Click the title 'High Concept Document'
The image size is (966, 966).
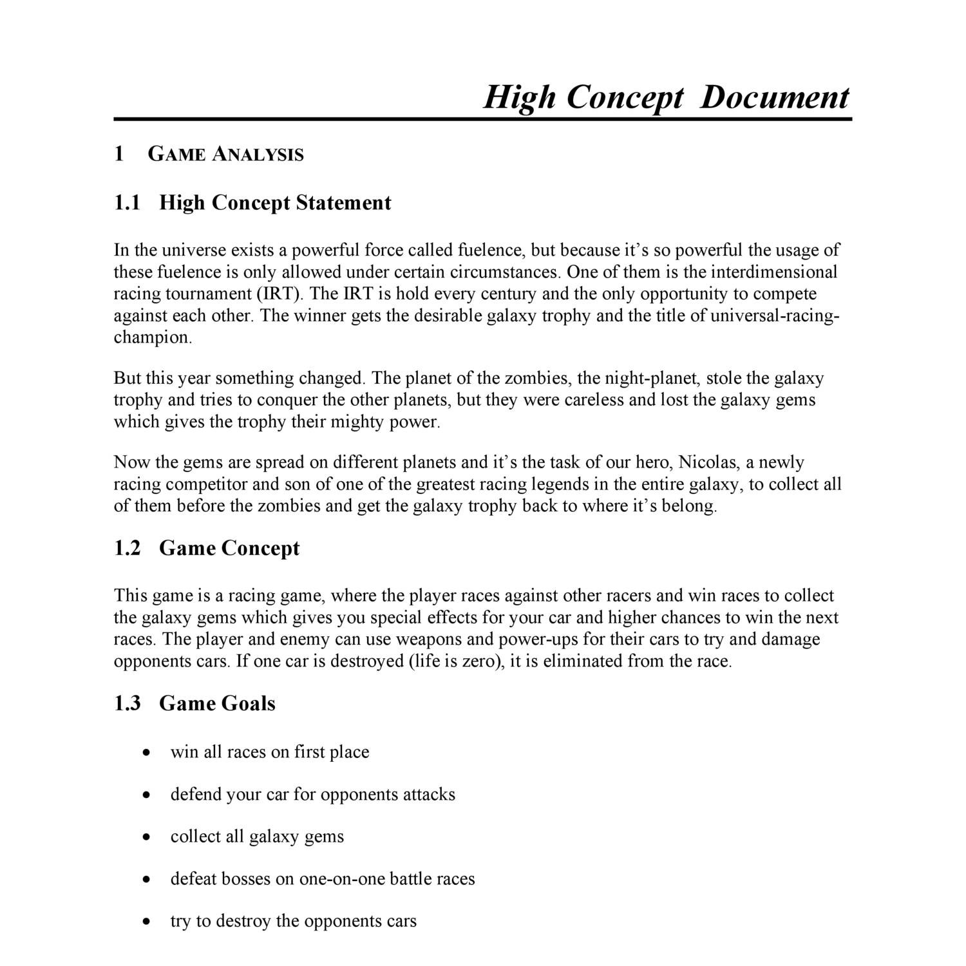(666, 98)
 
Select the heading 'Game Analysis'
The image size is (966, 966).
(225, 155)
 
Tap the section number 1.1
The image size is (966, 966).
(127, 203)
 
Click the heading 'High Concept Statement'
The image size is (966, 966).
(275, 203)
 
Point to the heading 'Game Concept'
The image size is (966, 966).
(229, 548)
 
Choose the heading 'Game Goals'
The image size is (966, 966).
(217, 703)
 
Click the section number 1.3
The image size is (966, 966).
(127, 703)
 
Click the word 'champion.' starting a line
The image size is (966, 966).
(153, 338)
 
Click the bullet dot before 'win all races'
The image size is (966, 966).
(147, 752)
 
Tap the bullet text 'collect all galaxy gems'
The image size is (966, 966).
(257, 837)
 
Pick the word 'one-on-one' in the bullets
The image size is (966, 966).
(342, 879)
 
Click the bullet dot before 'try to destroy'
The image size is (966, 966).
(147, 922)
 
